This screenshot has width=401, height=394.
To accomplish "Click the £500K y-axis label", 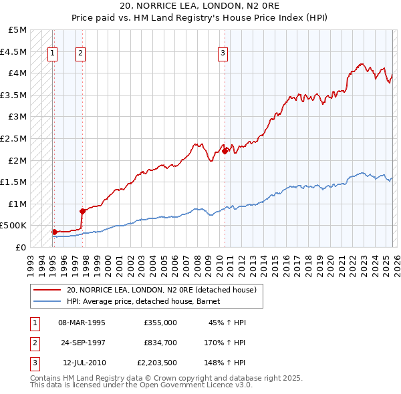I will pos(13,226).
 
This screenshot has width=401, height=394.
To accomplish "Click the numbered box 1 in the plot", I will pos(53,55).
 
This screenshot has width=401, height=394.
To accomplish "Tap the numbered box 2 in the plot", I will pos(80,55).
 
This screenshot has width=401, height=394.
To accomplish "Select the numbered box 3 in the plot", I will pos(223,55).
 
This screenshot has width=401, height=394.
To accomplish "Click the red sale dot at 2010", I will pos(225,151).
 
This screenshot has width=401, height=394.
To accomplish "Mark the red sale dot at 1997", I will pos(82,211).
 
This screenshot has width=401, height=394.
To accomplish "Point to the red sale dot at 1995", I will pos(54,232).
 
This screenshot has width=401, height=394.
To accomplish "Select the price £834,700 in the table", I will pos(160,343).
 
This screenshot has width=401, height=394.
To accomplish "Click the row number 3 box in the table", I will pos(33,363).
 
